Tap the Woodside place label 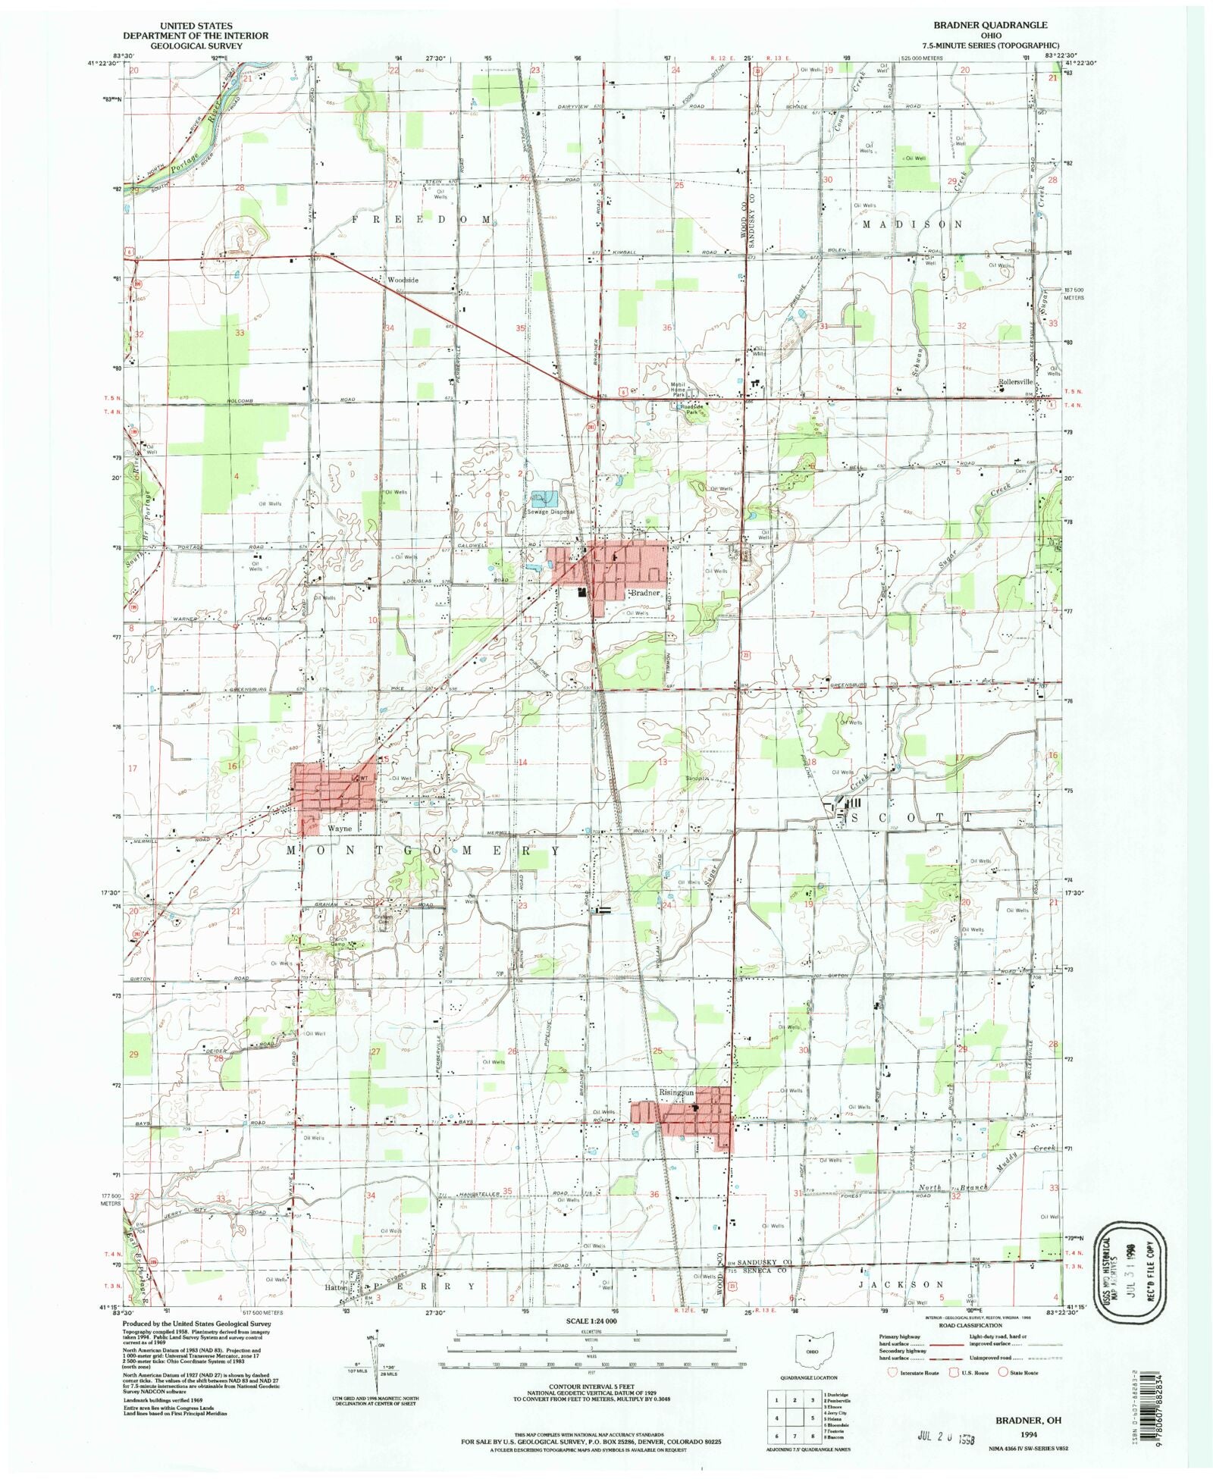point(403,280)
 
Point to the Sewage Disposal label point(551,512)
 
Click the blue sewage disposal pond point(544,498)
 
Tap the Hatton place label point(337,1287)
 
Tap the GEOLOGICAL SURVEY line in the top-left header point(196,45)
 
